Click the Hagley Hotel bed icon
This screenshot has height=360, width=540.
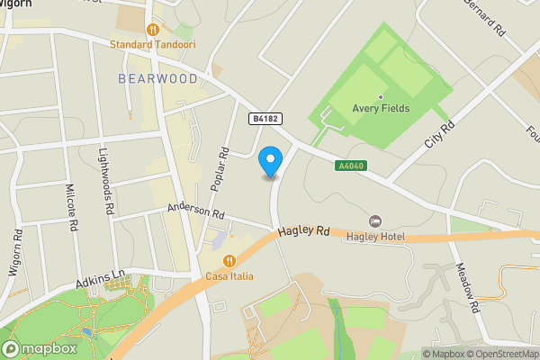click(x=375, y=221)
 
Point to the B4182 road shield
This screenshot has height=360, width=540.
click(x=263, y=118)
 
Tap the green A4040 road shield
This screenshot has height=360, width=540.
click(x=349, y=166)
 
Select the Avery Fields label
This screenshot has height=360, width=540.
click(x=382, y=109)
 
